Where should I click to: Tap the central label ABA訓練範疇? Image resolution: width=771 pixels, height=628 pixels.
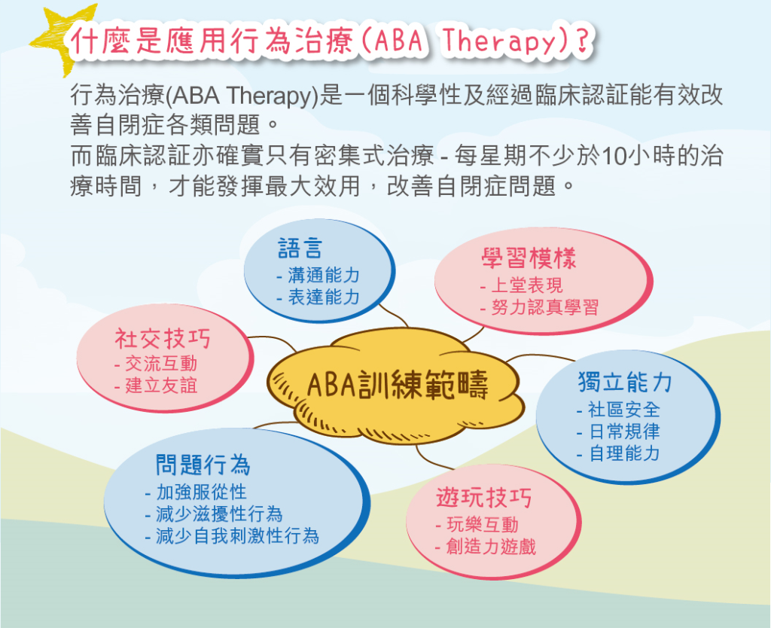point(398,385)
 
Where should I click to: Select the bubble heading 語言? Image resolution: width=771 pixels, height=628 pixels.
point(300,248)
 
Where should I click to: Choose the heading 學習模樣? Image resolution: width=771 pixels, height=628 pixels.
point(529,258)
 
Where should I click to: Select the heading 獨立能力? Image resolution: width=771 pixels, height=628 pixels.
point(625,382)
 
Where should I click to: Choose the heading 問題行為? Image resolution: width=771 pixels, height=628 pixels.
point(203,465)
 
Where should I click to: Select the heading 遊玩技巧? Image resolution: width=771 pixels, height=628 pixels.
point(484,498)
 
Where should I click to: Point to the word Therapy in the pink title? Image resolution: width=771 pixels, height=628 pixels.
point(498,41)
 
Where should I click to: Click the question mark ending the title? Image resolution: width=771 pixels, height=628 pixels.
point(582,41)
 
